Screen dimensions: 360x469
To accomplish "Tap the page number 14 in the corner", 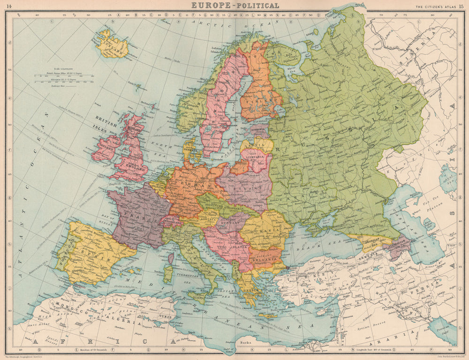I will pos(9,6).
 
